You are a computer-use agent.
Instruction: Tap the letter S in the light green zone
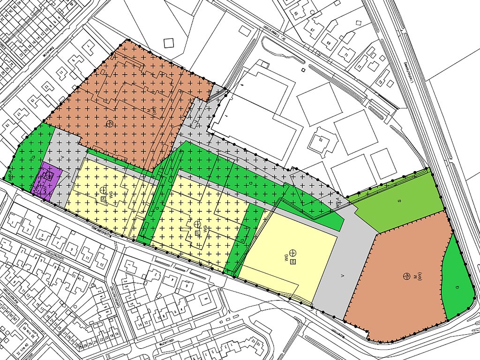[x=399, y=201]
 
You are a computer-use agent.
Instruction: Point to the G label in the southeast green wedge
[x=457, y=286]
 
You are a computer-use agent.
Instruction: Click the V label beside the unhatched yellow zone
[x=343, y=276]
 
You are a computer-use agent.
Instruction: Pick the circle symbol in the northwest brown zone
[x=110, y=123]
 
